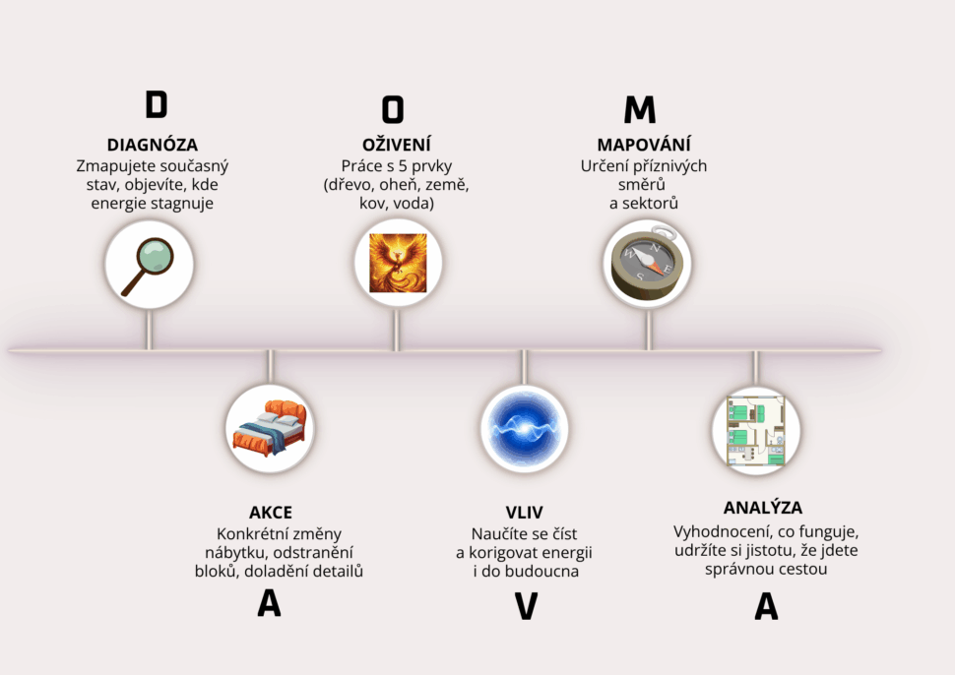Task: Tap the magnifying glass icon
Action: (x=150, y=265)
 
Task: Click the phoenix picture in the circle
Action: (x=398, y=263)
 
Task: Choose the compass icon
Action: (x=647, y=263)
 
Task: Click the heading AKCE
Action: (x=271, y=513)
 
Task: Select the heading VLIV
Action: (x=524, y=513)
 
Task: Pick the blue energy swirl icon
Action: (x=525, y=429)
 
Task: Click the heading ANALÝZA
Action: (x=763, y=508)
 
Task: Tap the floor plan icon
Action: (x=755, y=429)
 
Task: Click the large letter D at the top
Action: (x=156, y=104)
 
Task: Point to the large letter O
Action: (x=393, y=108)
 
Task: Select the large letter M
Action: (x=640, y=109)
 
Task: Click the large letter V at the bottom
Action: (x=526, y=606)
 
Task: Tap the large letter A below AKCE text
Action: (x=269, y=603)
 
